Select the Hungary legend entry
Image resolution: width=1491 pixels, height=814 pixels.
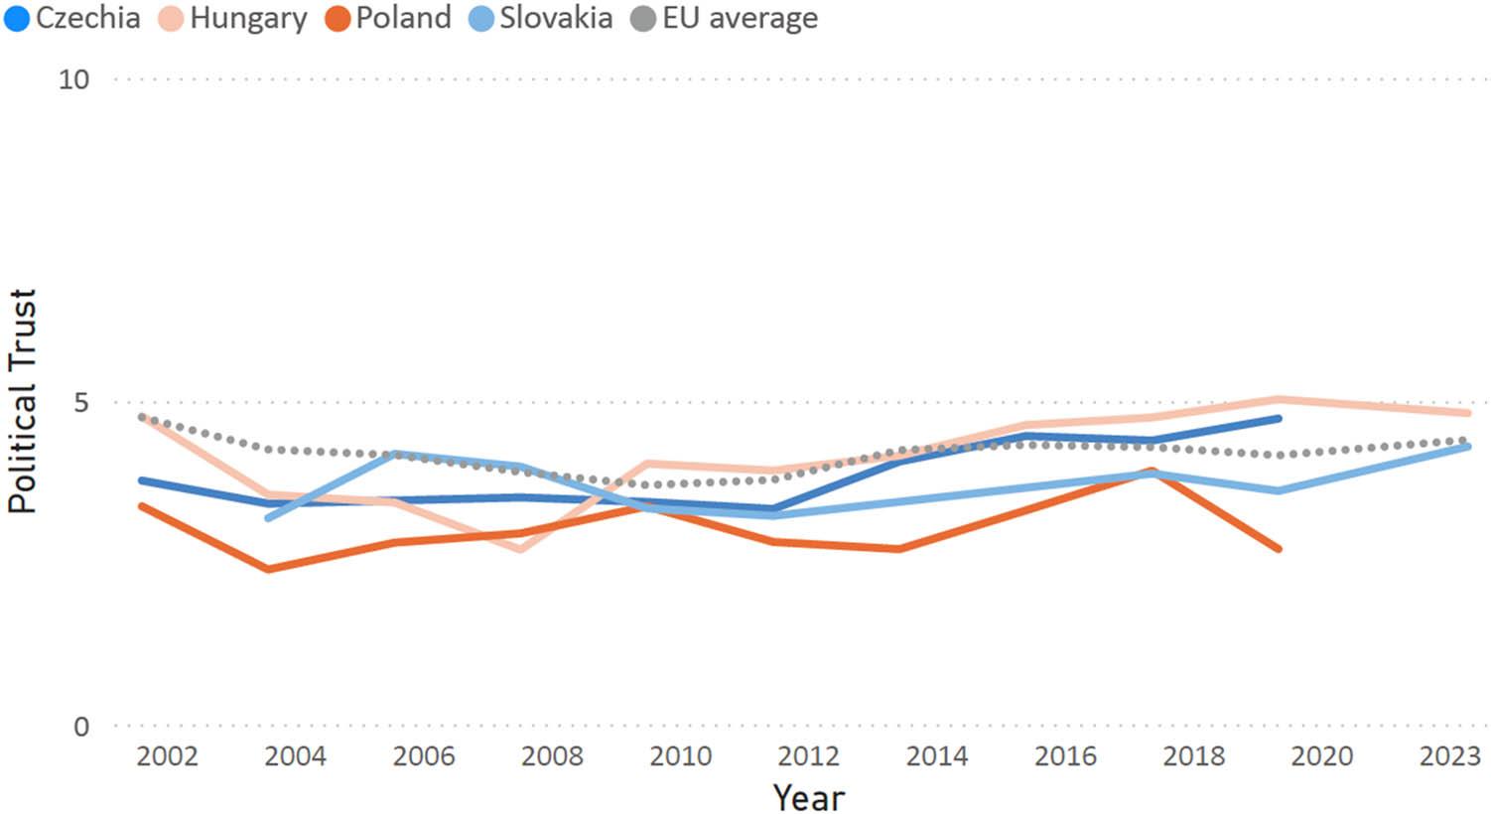coord(233,18)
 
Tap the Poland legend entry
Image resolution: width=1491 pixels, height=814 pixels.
coord(388,18)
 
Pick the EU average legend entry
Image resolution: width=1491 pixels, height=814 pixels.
coord(726,18)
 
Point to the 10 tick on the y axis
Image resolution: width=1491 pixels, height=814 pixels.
coord(73,79)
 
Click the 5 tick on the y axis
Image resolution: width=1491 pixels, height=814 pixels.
coord(80,402)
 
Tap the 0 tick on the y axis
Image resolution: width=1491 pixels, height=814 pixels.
coord(80,727)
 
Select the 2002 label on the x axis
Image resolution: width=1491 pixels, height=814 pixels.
coord(167,756)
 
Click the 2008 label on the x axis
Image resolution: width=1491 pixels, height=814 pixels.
coord(552,756)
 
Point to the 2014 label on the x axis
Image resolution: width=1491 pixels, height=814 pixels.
coord(937,756)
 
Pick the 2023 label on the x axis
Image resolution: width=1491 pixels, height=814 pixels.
coord(1450,756)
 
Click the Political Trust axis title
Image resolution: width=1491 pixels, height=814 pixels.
coord(22,401)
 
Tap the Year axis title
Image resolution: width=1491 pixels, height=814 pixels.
coord(808,797)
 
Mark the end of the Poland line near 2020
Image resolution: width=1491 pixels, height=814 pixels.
coord(1279,548)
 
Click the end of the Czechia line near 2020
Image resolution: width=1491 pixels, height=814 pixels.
coord(1279,419)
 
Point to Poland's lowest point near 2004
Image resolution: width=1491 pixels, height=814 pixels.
coord(268,569)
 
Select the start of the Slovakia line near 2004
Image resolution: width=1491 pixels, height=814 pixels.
coord(268,517)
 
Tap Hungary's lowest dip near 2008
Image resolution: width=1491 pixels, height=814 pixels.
coord(520,548)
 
